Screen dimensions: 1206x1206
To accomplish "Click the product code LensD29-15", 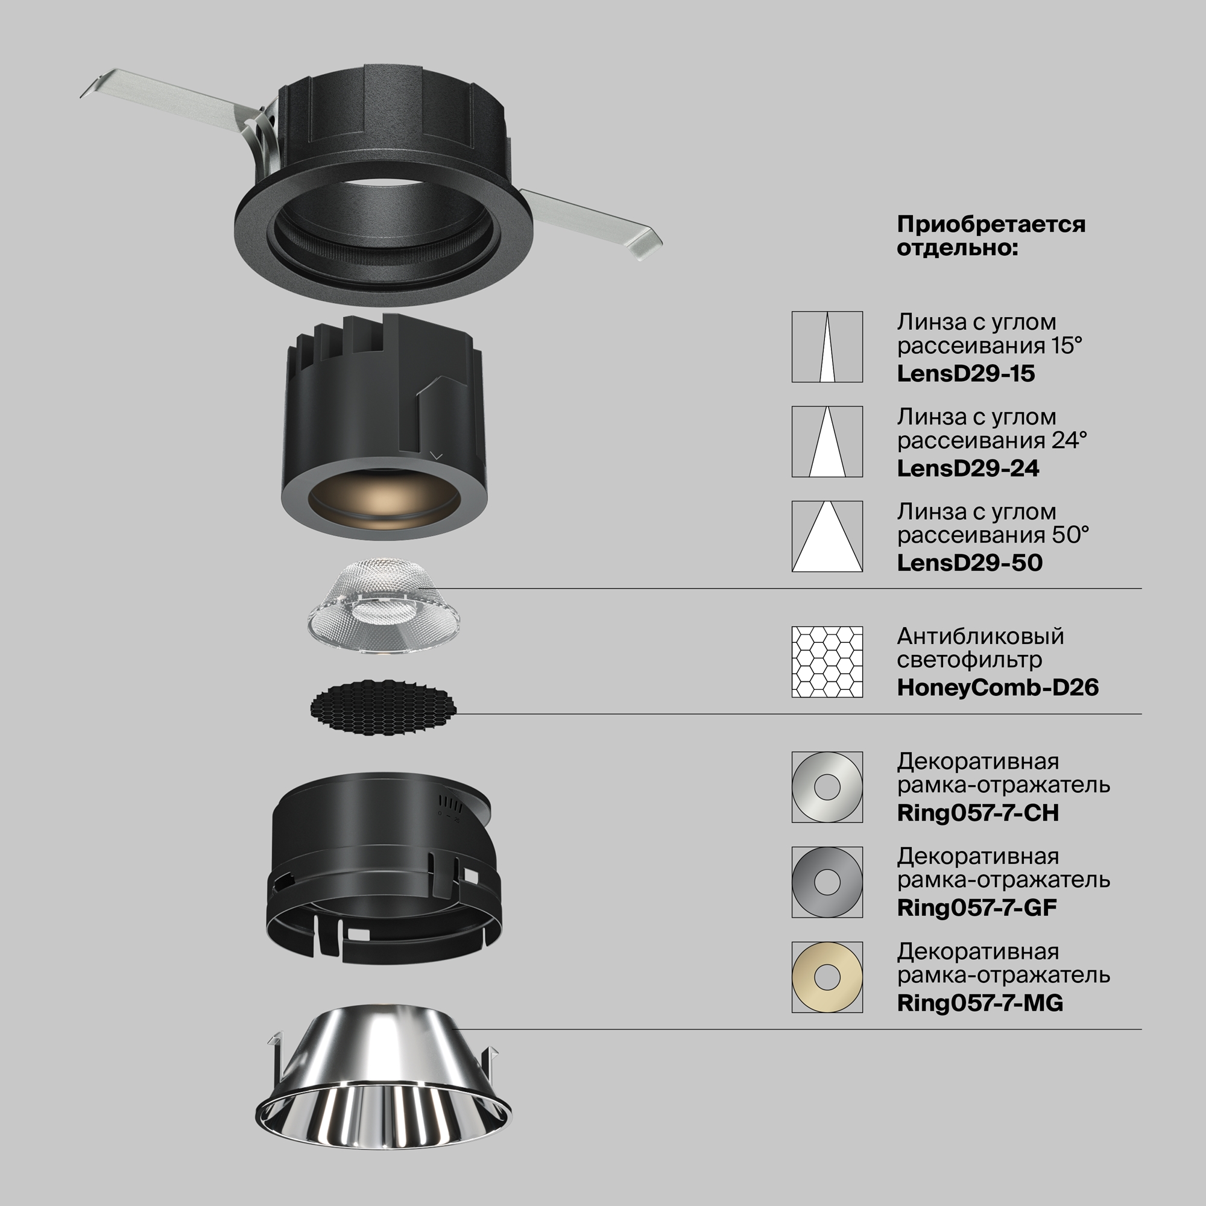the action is pyautogui.click(x=965, y=373).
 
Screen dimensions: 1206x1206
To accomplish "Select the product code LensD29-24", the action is pyautogui.click(x=968, y=468).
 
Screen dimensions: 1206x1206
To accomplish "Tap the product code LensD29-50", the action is pyautogui.click(x=970, y=563).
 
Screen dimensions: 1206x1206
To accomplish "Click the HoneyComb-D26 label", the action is pyautogui.click(x=997, y=688).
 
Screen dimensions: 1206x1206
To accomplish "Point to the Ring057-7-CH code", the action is pyautogui.click(x=977, y=813).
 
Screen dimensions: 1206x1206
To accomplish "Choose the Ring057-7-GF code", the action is pyautogui.click(x=977, y=908).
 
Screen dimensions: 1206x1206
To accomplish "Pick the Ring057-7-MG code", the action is pyautogui.click(x=980, y=1003).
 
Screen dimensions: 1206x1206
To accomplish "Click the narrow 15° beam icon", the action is pyautogui.click(x=827, y=347).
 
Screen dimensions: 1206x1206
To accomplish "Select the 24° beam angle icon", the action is pyautogui.click(x=827, y=442).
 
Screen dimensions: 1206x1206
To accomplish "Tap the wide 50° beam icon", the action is pyautogui.click(x=827, y=536).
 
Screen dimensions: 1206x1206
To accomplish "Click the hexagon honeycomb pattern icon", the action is pyautogui.click(x=827, y=662).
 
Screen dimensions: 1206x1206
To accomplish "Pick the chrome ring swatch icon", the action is pyautogui.click(x=812, y=787).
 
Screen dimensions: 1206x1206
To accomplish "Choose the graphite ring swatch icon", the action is pyautogui.click(x=812, y=882).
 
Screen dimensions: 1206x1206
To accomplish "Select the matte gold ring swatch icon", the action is pyautogui.click(x=812, y=977).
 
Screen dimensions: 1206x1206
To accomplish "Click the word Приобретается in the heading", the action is pyautogui.click(x=991, y=224).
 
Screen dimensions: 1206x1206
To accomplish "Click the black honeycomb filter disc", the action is pyautogui.click(x=384, y=707).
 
